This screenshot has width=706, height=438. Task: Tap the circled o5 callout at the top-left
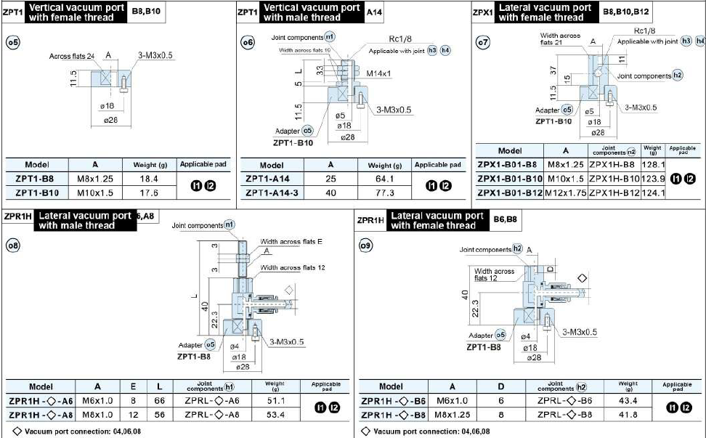(x=12, y=42)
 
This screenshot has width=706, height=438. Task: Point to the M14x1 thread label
(x=378, y=73)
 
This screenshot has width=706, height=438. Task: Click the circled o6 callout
(x=248, y=43)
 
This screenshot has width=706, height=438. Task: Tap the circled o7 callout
(x=482, y=43)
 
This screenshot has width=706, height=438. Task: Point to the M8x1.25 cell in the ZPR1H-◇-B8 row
(x=452, y=414)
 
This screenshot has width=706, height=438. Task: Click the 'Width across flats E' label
(x=291, y=242)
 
